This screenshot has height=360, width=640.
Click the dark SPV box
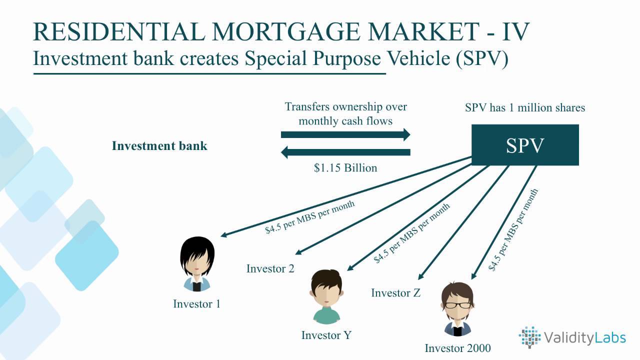[x=525, y=145]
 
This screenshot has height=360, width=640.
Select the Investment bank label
[x=159, y=146]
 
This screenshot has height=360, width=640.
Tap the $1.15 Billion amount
[x=345, y=168]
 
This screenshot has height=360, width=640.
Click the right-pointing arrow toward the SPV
[x=345, y=134]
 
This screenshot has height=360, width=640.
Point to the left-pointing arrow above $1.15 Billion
[x=345, y=152]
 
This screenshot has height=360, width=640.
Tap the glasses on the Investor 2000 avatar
[x=458, y=304]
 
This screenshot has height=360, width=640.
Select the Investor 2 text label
[x=270, y=269]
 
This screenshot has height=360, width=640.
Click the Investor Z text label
[x=395, y=293]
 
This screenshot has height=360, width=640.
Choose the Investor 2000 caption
[x=457, y=348]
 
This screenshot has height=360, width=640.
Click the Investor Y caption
[x=326, y=335]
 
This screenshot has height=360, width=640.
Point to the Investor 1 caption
[x=196, y=304]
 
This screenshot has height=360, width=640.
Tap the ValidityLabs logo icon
[x=529, y=337]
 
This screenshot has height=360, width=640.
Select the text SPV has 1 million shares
[x=525, y=107]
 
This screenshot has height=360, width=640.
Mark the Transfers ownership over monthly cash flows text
[x=345, y=113]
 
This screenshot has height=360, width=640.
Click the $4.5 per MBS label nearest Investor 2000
[x=513, y=229]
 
